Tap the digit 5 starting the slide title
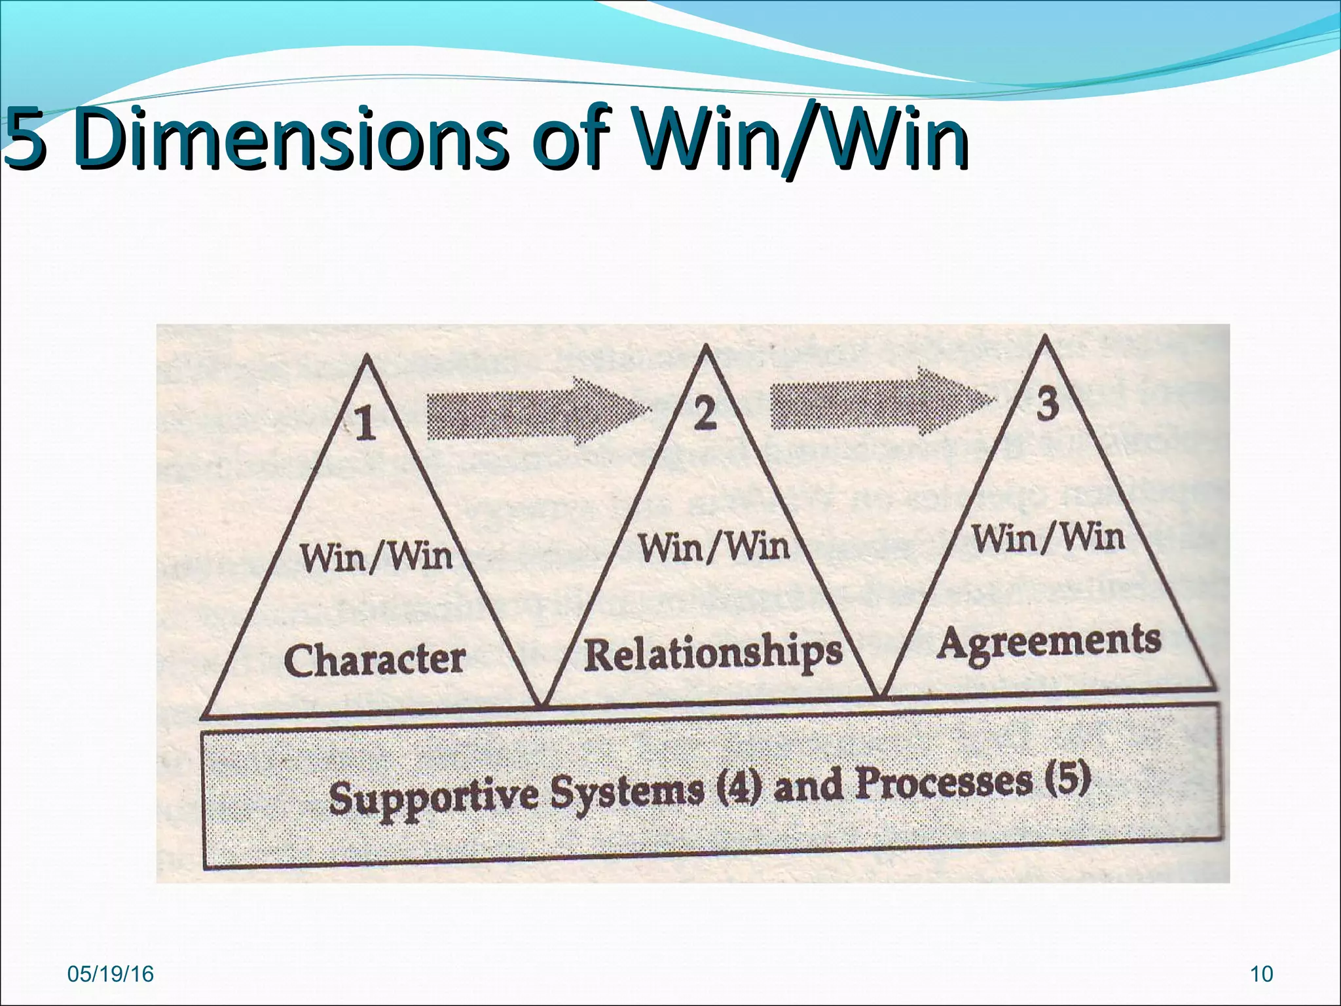click(x=25, y=139)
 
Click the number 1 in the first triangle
click(x=365, y=422)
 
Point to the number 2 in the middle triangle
click(x=705, y=414)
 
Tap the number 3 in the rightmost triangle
click(x=1048, y=403)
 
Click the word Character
click(x=375, y=659)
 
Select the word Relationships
click(x=712, y=652)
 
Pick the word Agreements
click(x=1049, y=642)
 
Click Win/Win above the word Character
click(x=377, y=557)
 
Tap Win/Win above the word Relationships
click(x=714, y=546)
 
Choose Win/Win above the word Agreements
click(x=1048, y=537)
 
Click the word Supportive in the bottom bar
click(x=433, y=796)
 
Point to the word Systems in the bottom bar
click(x=627, y=791)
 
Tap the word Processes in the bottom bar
click(x=944, y=782)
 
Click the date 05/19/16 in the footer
click(x=111, y=974)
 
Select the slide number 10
click(x=1261, y=974)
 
